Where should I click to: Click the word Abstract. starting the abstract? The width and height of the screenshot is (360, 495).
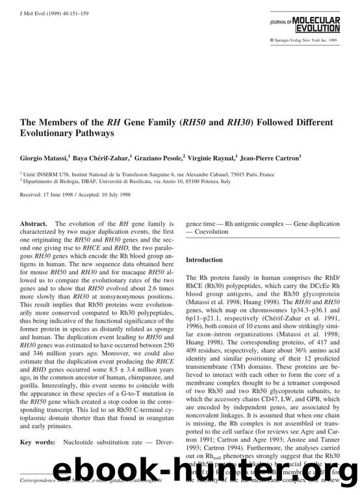pyautogui.click(x=35, y=224)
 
